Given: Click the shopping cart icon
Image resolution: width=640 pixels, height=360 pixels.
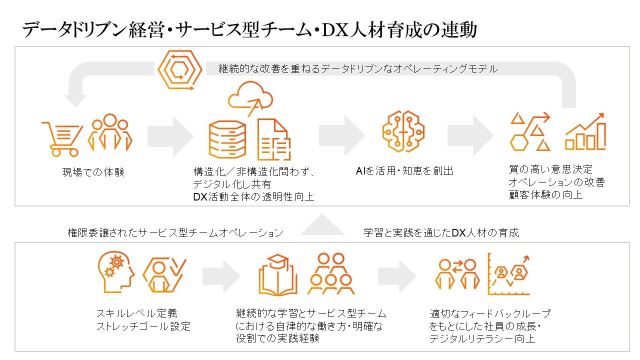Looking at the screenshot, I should point(61,137).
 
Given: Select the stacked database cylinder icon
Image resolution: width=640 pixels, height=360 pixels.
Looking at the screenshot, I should point(227,139).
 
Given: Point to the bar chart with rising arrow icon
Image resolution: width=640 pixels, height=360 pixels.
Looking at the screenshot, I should point(585,131).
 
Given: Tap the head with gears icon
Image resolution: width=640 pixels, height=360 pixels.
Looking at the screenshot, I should point(115,273).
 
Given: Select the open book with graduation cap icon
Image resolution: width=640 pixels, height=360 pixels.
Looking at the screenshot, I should point(278,275).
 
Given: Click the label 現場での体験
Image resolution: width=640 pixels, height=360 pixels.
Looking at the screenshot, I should point(93,172).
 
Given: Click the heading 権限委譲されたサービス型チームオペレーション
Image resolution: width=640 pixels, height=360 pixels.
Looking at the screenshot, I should point(175,233).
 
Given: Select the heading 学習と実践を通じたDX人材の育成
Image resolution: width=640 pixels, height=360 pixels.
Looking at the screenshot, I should point(441,233).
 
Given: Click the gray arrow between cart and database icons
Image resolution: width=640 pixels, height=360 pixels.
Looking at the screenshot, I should point(170,135).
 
